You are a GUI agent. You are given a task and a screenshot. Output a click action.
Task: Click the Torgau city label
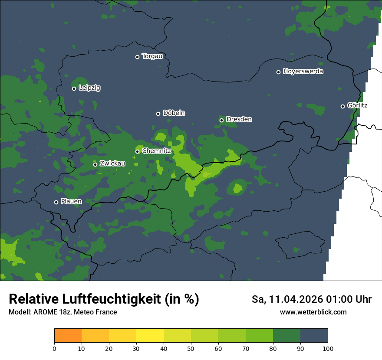(x=152, y=56)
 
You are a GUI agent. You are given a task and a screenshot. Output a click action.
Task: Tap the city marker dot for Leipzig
(x=74, y=88)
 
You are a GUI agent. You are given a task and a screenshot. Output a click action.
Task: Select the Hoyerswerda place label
(x=303, y=71)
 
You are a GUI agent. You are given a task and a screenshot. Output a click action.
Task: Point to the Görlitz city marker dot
(x=342, y=106)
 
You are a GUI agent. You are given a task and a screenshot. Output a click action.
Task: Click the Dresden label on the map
(x=239, y=119)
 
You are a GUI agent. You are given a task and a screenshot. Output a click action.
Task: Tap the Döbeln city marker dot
(x=158, y=114)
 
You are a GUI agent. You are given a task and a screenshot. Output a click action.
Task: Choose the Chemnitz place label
(x=157, y=151)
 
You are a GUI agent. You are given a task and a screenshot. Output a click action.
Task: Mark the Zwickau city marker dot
(x=95, y=164)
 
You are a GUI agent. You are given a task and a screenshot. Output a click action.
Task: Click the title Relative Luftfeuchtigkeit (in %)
(x=104, y=299)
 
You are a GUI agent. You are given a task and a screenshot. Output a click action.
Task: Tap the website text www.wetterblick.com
(x=313, y=312)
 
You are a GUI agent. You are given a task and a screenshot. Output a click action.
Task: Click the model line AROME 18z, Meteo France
(x=63, y=312)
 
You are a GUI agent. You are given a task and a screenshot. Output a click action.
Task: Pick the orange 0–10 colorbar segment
(x=68, y=336)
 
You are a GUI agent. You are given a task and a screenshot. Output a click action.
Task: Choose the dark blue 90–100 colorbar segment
(x=314, y=336)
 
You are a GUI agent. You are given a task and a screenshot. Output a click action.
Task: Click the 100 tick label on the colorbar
(x=328, y=348)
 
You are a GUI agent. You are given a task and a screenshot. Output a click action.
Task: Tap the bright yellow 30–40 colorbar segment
(x=150, y=336)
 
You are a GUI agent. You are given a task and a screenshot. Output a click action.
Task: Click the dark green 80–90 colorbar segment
(x=286, y=336)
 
